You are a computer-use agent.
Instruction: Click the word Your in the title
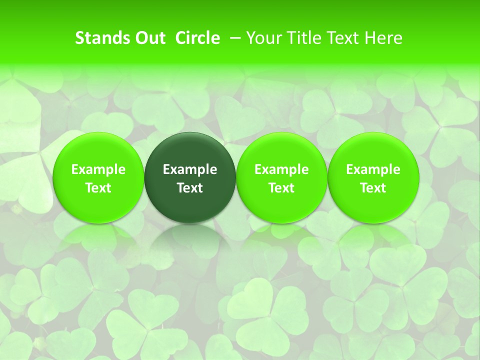[263, 38]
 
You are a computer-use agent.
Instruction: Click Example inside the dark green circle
[190, 169]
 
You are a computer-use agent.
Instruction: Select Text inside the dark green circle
[190, 188]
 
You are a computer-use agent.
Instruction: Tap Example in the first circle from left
[98, 169]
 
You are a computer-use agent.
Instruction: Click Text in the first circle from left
[98, 188]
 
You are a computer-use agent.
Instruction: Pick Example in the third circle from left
[281, 169]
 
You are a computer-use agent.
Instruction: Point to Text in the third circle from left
[281, 188]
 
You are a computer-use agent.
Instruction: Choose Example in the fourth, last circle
[373, 169]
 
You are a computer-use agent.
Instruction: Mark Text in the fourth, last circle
[373, 188]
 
